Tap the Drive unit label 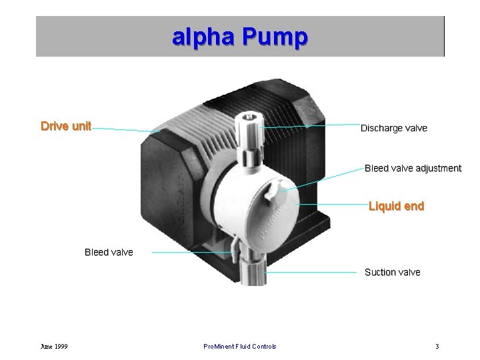click(x=66, y=126)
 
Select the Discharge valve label click(x=393, y=128)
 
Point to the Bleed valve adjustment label click(x=413, y=168)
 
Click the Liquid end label click(x=396, y=206)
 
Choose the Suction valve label click(x=392, y=272)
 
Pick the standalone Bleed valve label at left click(x=109, y=252)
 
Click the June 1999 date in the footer click(x=53, y=346)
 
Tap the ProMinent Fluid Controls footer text click(x=240, y=346)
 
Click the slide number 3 click(x=437, y=346)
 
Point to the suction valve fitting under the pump click(x=255, y=272)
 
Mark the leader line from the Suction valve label click(x=313, y=272)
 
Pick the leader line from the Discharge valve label click(x=310, y=125)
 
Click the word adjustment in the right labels click(x=438, y=168)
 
